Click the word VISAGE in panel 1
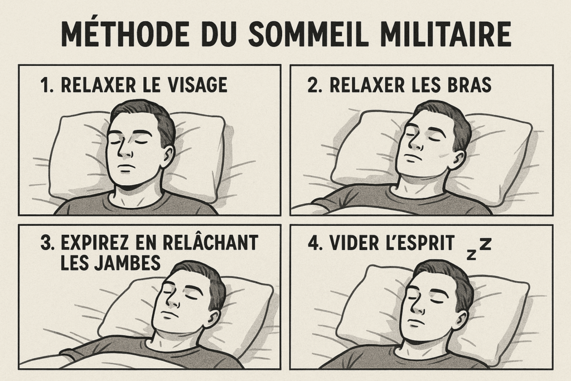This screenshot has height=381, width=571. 199,85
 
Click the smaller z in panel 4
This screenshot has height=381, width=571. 472,254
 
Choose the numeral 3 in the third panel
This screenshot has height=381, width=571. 46,243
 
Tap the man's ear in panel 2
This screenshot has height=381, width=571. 458,160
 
